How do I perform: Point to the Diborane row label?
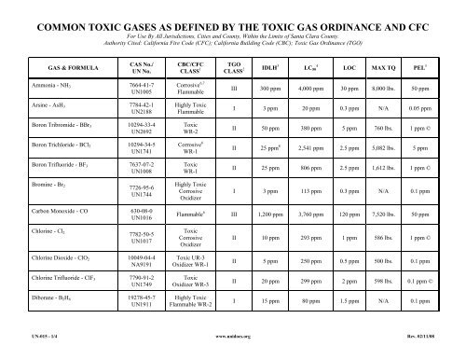[x=52, y=298]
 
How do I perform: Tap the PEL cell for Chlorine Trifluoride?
[x=429, y=279]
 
